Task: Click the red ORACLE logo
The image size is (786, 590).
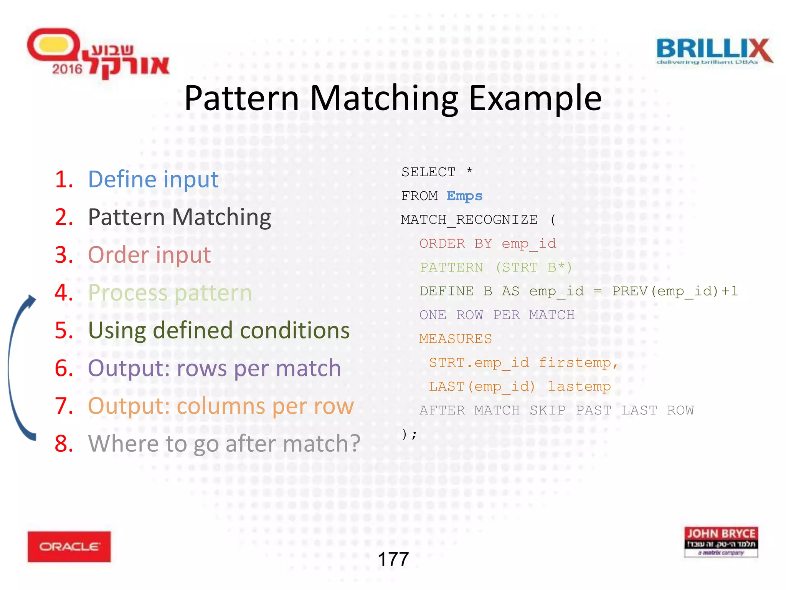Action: pos(69,547)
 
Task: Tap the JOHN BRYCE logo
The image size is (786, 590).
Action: pos(721,542)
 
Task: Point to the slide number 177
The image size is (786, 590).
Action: pos(393,559)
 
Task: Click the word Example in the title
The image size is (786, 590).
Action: pos(535,99)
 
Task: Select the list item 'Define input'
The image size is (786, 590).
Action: pos(153,179)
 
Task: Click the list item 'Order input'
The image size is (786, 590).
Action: pos(149,255)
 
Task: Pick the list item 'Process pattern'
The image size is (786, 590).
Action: pos(170,293)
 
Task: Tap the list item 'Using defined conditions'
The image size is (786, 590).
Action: pos(219,330)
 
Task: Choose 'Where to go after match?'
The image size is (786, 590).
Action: pos(224,444)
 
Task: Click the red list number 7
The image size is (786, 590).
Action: pos(64,406)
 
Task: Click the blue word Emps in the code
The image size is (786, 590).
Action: pos(464,196)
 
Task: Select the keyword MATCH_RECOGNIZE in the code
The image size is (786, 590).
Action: pos(469,220)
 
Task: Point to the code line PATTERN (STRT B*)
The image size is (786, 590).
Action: pos(495,267)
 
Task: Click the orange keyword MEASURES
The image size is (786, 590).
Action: pos(455,339)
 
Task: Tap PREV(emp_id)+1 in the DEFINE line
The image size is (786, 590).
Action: pos(675,291)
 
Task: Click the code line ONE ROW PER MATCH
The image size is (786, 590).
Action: pos(497,315)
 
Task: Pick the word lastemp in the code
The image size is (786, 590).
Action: pos(579,386)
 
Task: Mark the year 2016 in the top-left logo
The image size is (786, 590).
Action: pos(67,69)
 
